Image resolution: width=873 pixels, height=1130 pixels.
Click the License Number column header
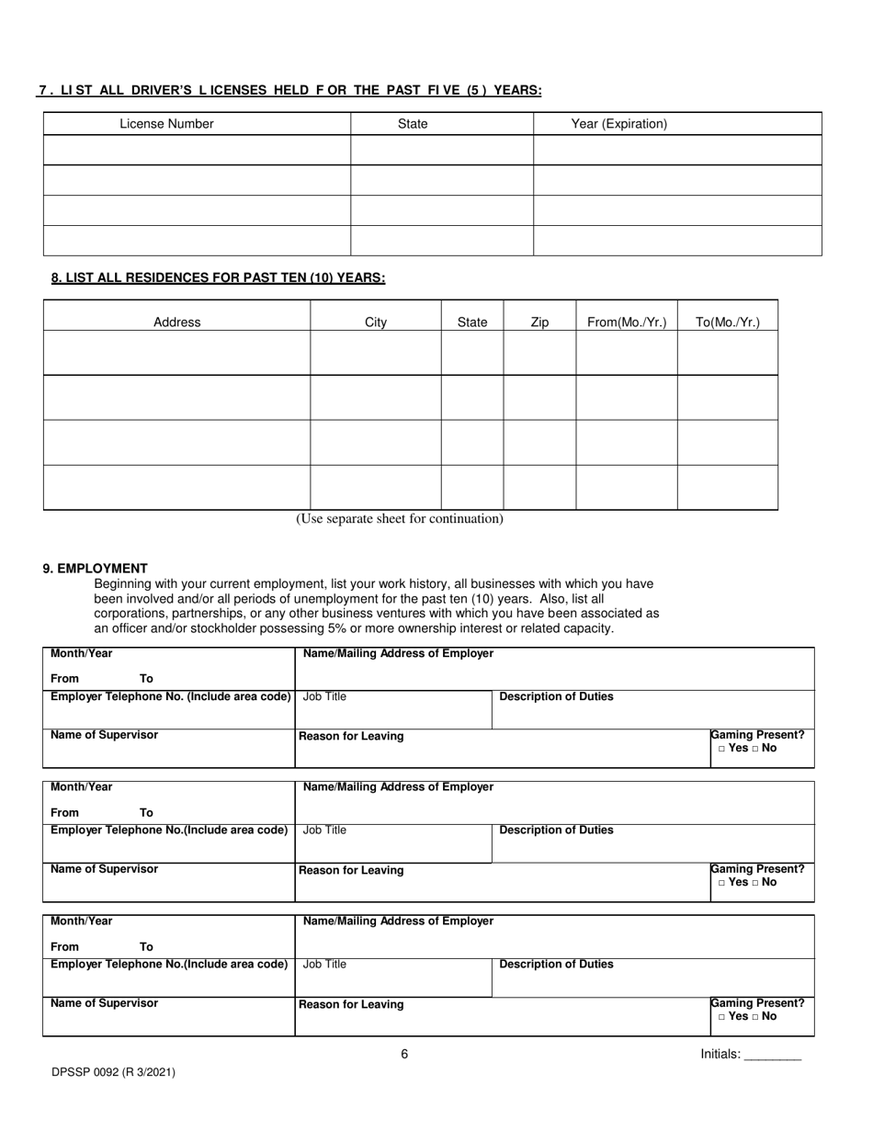point(166,124)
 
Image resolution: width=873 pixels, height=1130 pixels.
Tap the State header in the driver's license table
point(413,124)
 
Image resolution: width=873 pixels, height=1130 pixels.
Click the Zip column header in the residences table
point(539,322)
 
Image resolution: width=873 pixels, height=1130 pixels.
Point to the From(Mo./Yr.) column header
point(626,322)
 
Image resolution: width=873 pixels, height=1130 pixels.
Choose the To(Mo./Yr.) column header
point(727,322)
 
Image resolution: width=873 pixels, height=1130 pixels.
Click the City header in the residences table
point(376,322)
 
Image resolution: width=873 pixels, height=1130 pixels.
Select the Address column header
point(176,322)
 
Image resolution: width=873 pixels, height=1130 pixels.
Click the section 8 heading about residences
point(218,278)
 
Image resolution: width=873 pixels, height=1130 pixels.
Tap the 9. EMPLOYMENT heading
point(95,569)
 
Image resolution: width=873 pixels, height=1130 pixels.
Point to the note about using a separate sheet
point(399,519)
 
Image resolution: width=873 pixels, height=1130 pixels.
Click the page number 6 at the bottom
point(404,1054)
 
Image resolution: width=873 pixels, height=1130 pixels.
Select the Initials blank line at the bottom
point(772,1056)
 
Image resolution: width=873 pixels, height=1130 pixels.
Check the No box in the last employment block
point(755,1017)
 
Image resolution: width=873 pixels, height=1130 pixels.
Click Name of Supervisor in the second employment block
point(104,869)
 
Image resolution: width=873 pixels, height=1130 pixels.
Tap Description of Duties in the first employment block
point(556,696)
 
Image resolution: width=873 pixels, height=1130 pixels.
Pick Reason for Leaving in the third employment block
point(351,1004)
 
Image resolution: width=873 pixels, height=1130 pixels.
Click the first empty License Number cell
point(197,150)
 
